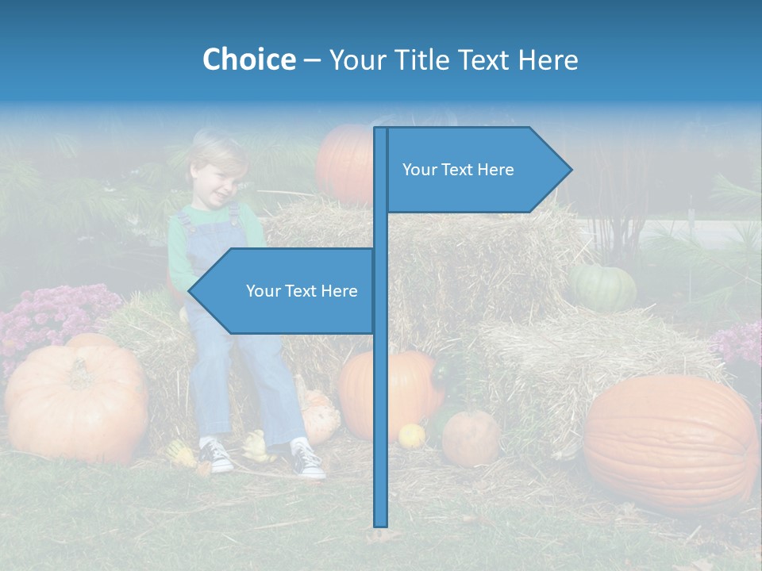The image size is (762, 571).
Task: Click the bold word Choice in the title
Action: point(248,59)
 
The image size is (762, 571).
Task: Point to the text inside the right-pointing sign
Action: point(458,170)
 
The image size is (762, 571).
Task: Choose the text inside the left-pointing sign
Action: point(302,291)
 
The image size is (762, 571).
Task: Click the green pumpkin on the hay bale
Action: point(603,287)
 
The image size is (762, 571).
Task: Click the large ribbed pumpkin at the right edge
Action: point(671,443)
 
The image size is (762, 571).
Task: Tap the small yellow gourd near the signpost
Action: point(411,435)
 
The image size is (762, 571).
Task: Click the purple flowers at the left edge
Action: point(48,317)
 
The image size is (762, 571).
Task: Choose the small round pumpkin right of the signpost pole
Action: point(470,438)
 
